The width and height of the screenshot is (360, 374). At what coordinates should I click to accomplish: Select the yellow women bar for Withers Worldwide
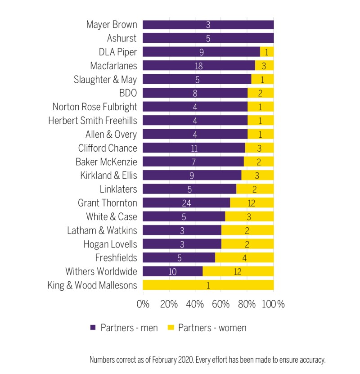[238, 271]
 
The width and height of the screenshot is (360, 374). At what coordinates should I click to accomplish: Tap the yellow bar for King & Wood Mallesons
[208, 285]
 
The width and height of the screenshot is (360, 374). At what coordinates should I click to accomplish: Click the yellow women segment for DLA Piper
[267, 52]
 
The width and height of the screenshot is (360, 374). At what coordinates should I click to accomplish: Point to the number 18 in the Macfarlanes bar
[198, 66]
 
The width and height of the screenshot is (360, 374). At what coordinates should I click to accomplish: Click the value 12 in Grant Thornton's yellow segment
[252, 203]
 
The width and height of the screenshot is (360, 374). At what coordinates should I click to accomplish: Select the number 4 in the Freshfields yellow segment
[244, 257]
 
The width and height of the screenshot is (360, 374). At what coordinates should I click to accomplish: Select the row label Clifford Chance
[108, 148]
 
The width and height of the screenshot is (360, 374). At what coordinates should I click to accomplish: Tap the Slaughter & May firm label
[105, 79]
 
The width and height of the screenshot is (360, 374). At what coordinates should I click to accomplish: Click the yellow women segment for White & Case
[249, 216]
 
